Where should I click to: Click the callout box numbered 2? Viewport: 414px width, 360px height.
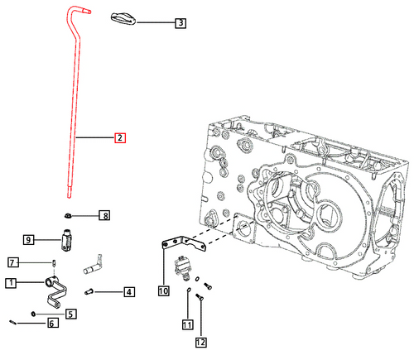(119, 137)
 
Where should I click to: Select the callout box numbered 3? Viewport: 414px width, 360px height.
(181, 24)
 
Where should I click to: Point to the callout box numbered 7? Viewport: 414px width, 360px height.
(12, 262)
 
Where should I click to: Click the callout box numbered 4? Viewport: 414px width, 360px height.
(129, 291)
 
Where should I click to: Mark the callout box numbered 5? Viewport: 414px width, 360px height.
(71, 314)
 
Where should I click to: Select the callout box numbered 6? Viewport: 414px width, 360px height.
(52, 323)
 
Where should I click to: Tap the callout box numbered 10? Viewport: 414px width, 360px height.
(163, 290)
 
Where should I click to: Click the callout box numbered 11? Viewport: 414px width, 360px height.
(188, 324)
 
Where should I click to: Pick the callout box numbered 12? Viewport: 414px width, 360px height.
(200, 342)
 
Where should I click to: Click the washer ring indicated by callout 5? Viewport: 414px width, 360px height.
(32, 313)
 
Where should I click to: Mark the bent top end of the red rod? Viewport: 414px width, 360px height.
(75, 11)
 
